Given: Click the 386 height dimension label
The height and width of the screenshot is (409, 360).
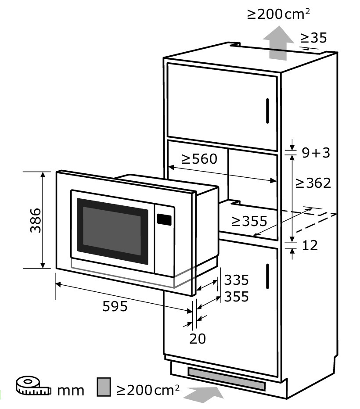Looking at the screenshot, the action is pos(36,220).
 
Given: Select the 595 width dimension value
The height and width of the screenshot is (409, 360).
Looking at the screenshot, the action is pos(115,306).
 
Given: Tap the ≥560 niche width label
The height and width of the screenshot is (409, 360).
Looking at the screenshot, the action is pos(199,159).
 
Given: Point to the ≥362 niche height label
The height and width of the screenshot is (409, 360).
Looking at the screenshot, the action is pos(313,183).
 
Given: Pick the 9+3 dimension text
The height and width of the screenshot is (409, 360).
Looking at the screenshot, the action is pos(316,153).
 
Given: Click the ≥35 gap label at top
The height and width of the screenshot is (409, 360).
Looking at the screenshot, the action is pos(313,38).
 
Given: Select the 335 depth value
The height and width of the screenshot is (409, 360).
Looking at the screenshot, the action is pos(236,280).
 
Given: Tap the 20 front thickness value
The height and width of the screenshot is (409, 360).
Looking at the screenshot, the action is pos(198,339).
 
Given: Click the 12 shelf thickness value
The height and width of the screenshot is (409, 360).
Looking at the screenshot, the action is pos(310,245).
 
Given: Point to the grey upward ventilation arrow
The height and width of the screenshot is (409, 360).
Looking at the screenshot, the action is pos(278,43).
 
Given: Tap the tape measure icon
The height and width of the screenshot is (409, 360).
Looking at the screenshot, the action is pos(33,386).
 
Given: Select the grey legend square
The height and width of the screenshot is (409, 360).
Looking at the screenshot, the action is pos(104,387).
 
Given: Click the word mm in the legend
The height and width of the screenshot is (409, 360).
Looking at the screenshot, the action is pos(70,391).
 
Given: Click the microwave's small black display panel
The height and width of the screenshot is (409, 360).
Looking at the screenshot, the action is pos(164,219).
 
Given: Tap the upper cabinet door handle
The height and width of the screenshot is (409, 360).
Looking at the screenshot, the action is pos(267,111).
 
